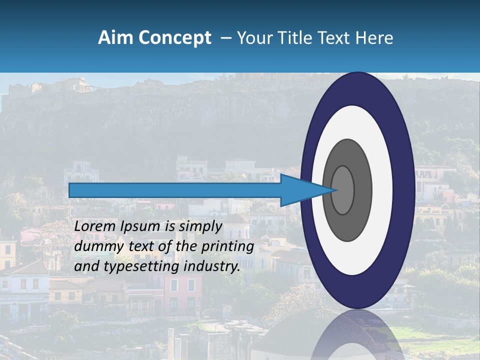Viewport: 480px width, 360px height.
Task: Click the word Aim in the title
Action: click(116, 38)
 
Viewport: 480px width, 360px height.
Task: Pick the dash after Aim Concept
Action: click(226, 38)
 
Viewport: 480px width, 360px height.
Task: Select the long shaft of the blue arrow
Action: click(175, 190)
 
